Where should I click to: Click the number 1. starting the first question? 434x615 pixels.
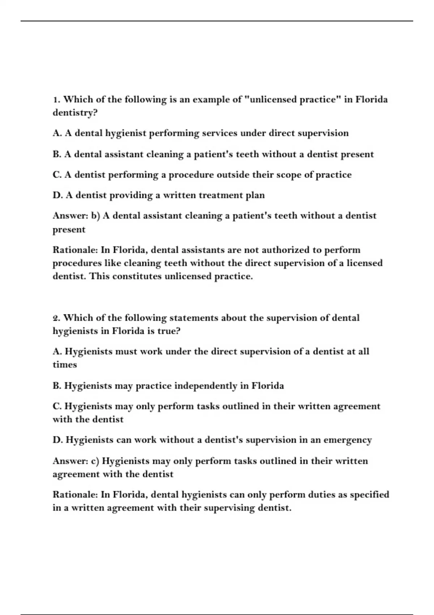(x=56, y=99)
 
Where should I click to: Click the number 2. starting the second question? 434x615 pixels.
(x=56, y=318)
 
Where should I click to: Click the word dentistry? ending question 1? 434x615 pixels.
(x=75, y=113)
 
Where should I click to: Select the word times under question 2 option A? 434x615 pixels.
(x=65, y=365)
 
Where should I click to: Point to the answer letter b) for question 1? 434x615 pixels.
(x=95, y=216)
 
